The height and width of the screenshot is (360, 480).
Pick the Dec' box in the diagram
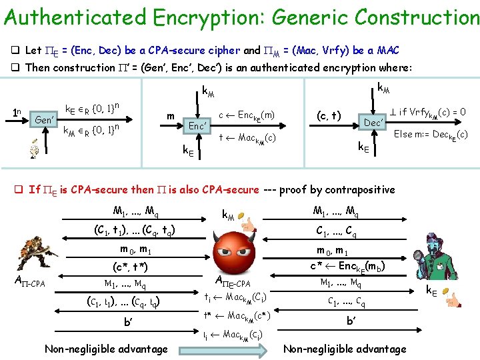click(373, 122)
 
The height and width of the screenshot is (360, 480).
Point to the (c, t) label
click(328, 116)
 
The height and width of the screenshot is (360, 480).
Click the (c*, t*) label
click(130, 267)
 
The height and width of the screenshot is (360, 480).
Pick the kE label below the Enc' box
click(189, 151)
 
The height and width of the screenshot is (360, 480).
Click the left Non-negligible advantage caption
click(106, 349)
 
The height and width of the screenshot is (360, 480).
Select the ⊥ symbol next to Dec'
click(393, 112)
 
